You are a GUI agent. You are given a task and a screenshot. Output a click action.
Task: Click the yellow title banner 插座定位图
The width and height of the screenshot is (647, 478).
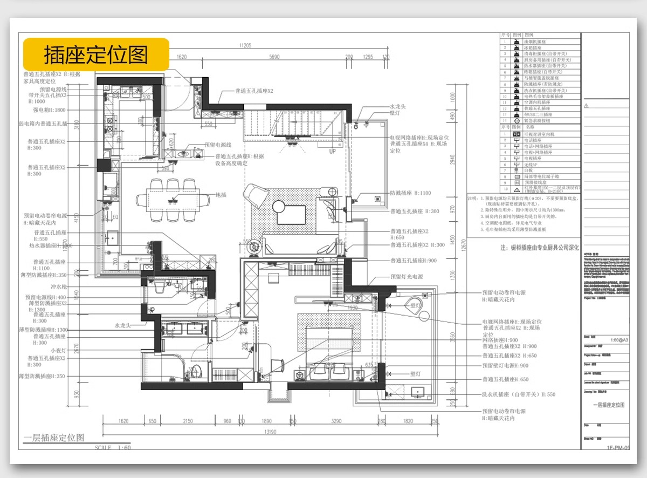click(95, 54)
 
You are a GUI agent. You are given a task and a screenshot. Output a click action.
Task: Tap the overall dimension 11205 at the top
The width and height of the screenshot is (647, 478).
click(245, 46)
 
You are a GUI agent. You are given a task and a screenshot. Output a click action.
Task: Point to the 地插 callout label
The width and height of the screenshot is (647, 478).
click(221, 195)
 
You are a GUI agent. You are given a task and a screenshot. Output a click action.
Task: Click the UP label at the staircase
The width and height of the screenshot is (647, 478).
click(333, 152)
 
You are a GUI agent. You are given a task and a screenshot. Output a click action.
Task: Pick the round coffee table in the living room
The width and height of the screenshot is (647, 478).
click(279, 206)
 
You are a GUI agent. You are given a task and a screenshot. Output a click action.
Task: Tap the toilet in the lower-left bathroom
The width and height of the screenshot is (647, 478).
click(196, 372)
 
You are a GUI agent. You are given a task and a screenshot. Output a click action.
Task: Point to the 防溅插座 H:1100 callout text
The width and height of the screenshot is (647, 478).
click(410, 193)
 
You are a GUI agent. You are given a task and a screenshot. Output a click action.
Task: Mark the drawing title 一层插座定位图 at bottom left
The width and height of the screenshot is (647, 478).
click(54, 438)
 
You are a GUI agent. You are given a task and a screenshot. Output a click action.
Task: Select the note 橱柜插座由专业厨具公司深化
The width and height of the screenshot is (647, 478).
click(539, 248)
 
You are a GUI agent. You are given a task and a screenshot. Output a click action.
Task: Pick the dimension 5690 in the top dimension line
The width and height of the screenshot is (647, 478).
click(274, 57)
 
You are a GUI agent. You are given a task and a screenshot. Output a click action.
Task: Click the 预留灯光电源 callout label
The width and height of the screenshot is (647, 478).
click(411, 277)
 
